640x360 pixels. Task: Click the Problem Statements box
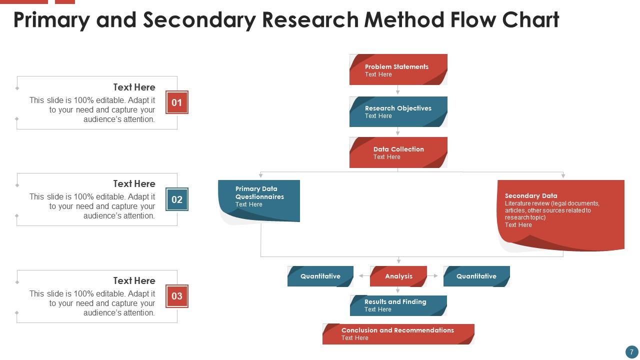(398, 69)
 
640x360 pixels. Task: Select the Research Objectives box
(398, 111)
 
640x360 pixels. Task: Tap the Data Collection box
(398, 152)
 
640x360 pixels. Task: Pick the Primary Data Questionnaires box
(259, 199)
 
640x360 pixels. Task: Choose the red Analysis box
(398, 276)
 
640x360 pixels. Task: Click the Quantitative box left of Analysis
(320, 276)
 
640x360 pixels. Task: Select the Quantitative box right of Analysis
(476, 276)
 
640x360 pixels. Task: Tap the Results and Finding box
(398, 305)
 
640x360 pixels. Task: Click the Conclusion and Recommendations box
(398, 333)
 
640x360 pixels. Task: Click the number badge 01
(177, 102)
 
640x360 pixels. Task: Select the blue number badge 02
(177, 199)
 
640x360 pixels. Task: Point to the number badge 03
(177, 296)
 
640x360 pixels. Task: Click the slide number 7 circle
(631, 352)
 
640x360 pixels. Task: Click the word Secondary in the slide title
(199, 20)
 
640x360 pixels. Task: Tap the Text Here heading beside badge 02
(134, 183)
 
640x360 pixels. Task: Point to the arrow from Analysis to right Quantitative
(433, 276)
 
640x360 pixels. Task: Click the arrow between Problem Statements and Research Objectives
(398, 90)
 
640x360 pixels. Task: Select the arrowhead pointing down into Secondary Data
(563, 175)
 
